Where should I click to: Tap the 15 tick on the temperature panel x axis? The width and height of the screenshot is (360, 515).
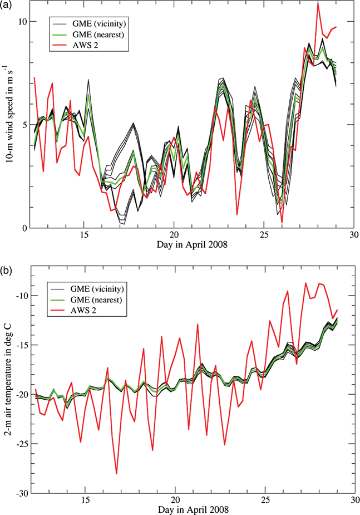[x=86, y=501]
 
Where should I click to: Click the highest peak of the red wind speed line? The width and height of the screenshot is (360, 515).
[x=318, y=4]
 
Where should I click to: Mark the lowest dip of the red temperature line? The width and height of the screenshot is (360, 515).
[x=116, y=474]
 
